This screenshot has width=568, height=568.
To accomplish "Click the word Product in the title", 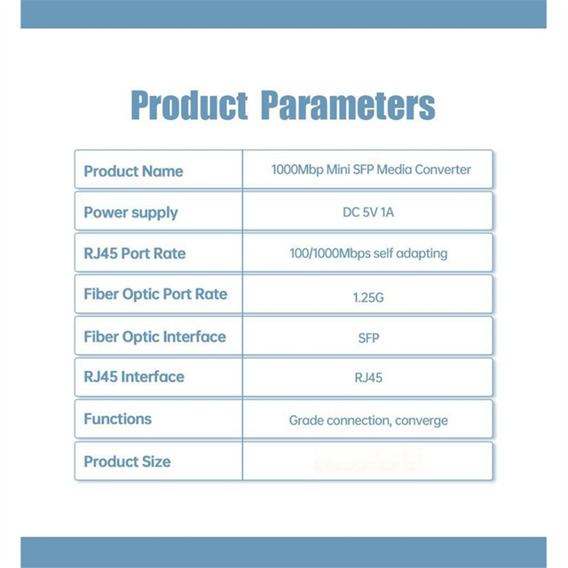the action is click(x=189, y=105).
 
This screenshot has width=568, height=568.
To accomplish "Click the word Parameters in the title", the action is click(x=348, y=105).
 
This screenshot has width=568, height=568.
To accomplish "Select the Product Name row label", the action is click(x=133, y=171).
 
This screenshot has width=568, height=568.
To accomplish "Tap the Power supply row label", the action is click(x=130, y=213).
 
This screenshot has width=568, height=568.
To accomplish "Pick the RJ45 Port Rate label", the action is click(x=134, y=254).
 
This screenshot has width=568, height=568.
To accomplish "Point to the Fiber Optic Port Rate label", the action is click(x=155, y=295).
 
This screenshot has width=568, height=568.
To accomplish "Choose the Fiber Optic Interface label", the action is click(x=154, y=337).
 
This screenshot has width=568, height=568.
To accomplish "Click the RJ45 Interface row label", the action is click(x=134, y=376).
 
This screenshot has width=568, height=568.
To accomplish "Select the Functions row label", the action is click(x=118, y=419).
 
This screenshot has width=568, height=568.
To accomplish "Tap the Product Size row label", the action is click(x=127, y=461).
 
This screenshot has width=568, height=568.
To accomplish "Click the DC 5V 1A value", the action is click(x=368, y=212).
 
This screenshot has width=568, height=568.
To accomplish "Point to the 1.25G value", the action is click(x=368, y=298).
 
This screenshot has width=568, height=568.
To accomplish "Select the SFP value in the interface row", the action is click(x=368, y=338).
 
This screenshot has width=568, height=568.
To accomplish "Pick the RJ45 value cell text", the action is click(x=368, y=378).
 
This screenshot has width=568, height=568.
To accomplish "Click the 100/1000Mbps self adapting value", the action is click(x=368, y=254).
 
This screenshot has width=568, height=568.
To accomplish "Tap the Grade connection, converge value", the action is click(x=368, y=421).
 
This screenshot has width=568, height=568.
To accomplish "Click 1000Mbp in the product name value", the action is click(x=297, y=170).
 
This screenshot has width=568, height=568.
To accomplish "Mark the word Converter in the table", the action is click(x=443, y=170).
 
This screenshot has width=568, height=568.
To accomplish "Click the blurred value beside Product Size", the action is click(x=368, y=461).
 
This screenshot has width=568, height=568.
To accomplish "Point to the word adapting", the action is click(x=422, y=254).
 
